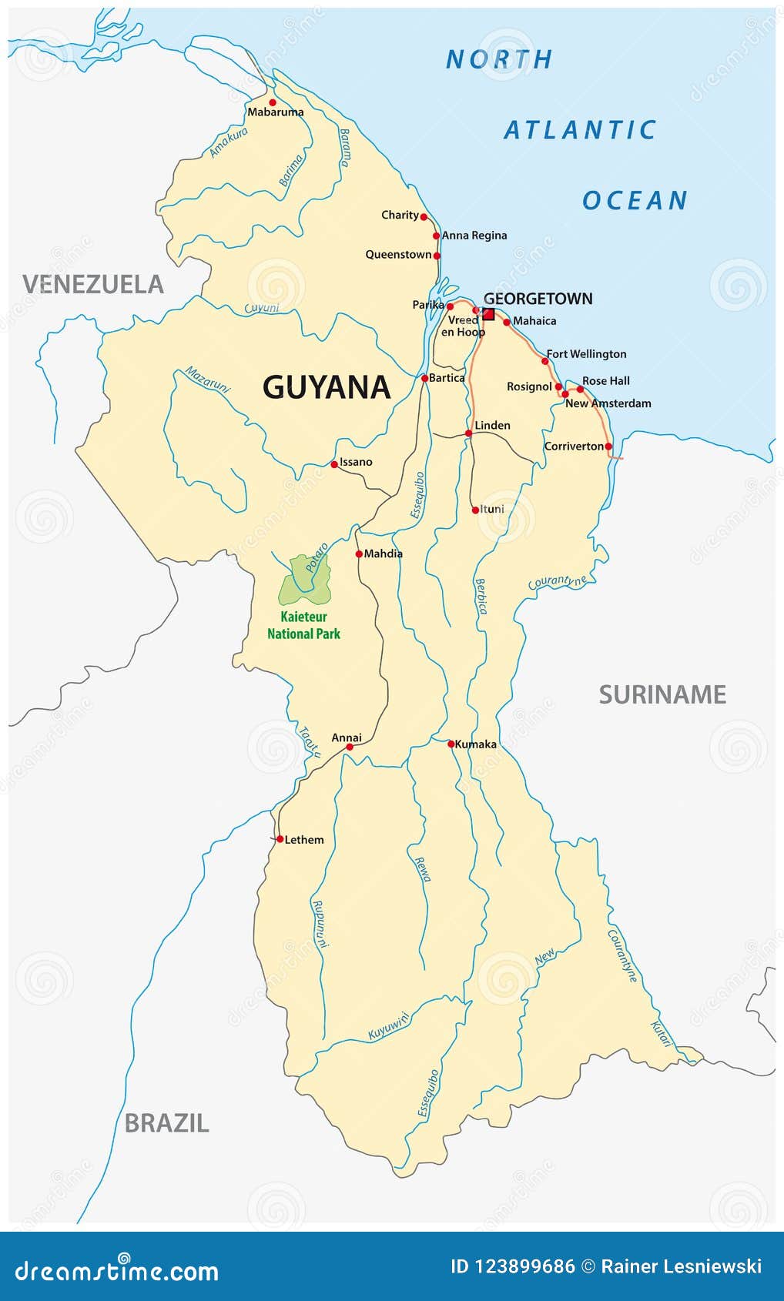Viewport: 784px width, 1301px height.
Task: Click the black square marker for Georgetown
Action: [x=488, y=313]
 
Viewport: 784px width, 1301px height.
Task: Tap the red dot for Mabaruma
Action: [x=272, y=102]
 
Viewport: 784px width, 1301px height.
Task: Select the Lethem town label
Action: [x=304, y=839]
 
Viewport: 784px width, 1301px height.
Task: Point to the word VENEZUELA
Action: [x=93, y=284]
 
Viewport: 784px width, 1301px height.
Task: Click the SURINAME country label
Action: [x=662, y=694]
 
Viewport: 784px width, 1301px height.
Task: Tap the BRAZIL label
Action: [x=166, y=1122]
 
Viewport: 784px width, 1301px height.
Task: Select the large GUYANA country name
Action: [x=327, y=386]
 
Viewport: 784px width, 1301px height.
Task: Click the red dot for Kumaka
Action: [x=451, y=744]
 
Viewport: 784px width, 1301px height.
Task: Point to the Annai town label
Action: [x=347, y=737]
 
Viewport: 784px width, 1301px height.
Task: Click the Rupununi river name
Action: [x=319, y=923]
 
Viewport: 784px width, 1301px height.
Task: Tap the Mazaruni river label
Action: [x=207, y=380]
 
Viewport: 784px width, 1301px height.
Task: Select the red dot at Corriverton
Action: [x=608, y=446]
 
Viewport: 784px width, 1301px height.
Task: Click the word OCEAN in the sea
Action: [x=634, y=200]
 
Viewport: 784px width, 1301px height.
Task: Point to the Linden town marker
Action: [x=468, y=433]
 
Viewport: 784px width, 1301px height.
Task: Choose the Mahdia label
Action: [x=383, y=553]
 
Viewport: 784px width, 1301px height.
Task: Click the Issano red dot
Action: [x=334, y=464]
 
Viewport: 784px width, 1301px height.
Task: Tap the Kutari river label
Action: [x=662, y=1033]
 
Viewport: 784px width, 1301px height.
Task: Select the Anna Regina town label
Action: [x=474, y=235]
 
